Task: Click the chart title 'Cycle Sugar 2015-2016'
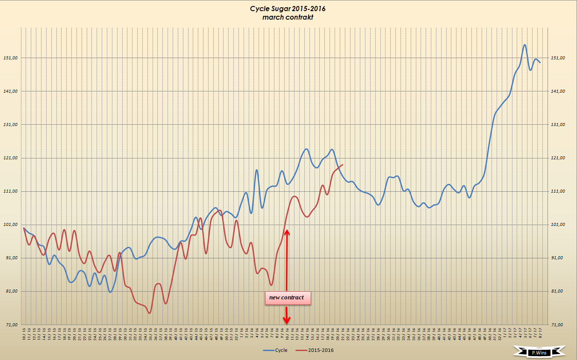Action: click(x=285, y=9)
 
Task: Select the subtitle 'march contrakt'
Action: click(x=285, y=17)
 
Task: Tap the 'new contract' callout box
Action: click(x=287, y=298)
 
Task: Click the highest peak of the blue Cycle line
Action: click(x=524, y=45)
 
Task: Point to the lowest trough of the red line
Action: click(x=149, y=313)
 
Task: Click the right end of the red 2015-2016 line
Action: click(x=343, y=165)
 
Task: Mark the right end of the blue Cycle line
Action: click(x=540, y=62)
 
